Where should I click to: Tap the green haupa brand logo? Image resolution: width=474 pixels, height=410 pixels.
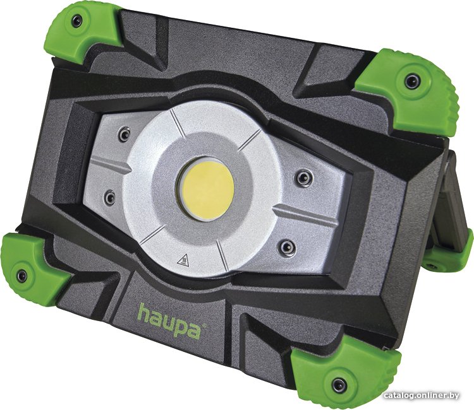(170, 322)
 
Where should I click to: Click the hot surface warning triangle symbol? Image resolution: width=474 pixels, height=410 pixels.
(183, 261)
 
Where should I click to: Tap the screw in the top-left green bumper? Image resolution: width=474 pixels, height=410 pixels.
(76, 21)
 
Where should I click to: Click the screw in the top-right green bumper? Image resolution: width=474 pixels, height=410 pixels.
(412, 81)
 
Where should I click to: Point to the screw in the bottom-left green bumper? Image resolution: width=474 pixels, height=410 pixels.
(21, 276)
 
